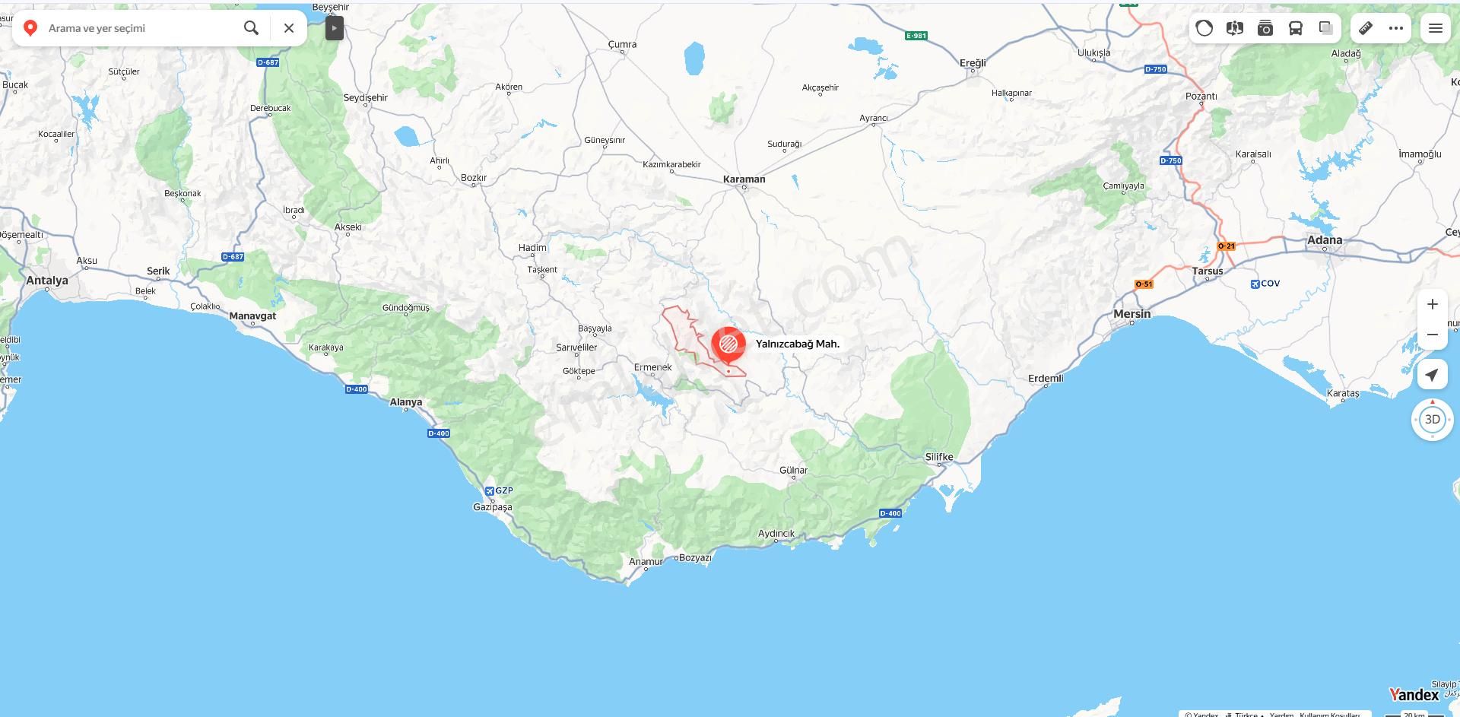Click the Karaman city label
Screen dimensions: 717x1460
click(x=744, y=179)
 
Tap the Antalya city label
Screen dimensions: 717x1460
click(x=47, y=281)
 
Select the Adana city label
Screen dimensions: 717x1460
click(x=1324, y=240)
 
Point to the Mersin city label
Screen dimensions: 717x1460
click(x=1131, y=314)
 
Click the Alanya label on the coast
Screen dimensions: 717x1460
click(x=405, y=402)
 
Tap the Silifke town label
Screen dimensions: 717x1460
click(x=939, y=457)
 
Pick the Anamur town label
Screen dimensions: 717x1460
click(x=646, y=562)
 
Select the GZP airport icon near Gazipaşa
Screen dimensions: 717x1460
click(x=490, y=491)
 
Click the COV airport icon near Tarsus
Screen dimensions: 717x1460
click(x=1255, y=284)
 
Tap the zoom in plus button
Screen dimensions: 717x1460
click(x=1433, y=304)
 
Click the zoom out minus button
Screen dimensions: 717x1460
click(x=1433, y=335)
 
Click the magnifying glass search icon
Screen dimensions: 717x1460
click(x=251, y=28)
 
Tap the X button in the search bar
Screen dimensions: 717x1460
click(x=289, y=28)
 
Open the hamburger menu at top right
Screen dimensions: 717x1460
click(x=1436, y=28)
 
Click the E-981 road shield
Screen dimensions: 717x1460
click(x=916, y=36)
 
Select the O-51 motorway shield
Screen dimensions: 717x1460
click(x=1144, y=284)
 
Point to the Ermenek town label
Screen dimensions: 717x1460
click(x=652, y=367)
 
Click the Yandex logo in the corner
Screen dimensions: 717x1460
click(x=1414, y=695)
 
